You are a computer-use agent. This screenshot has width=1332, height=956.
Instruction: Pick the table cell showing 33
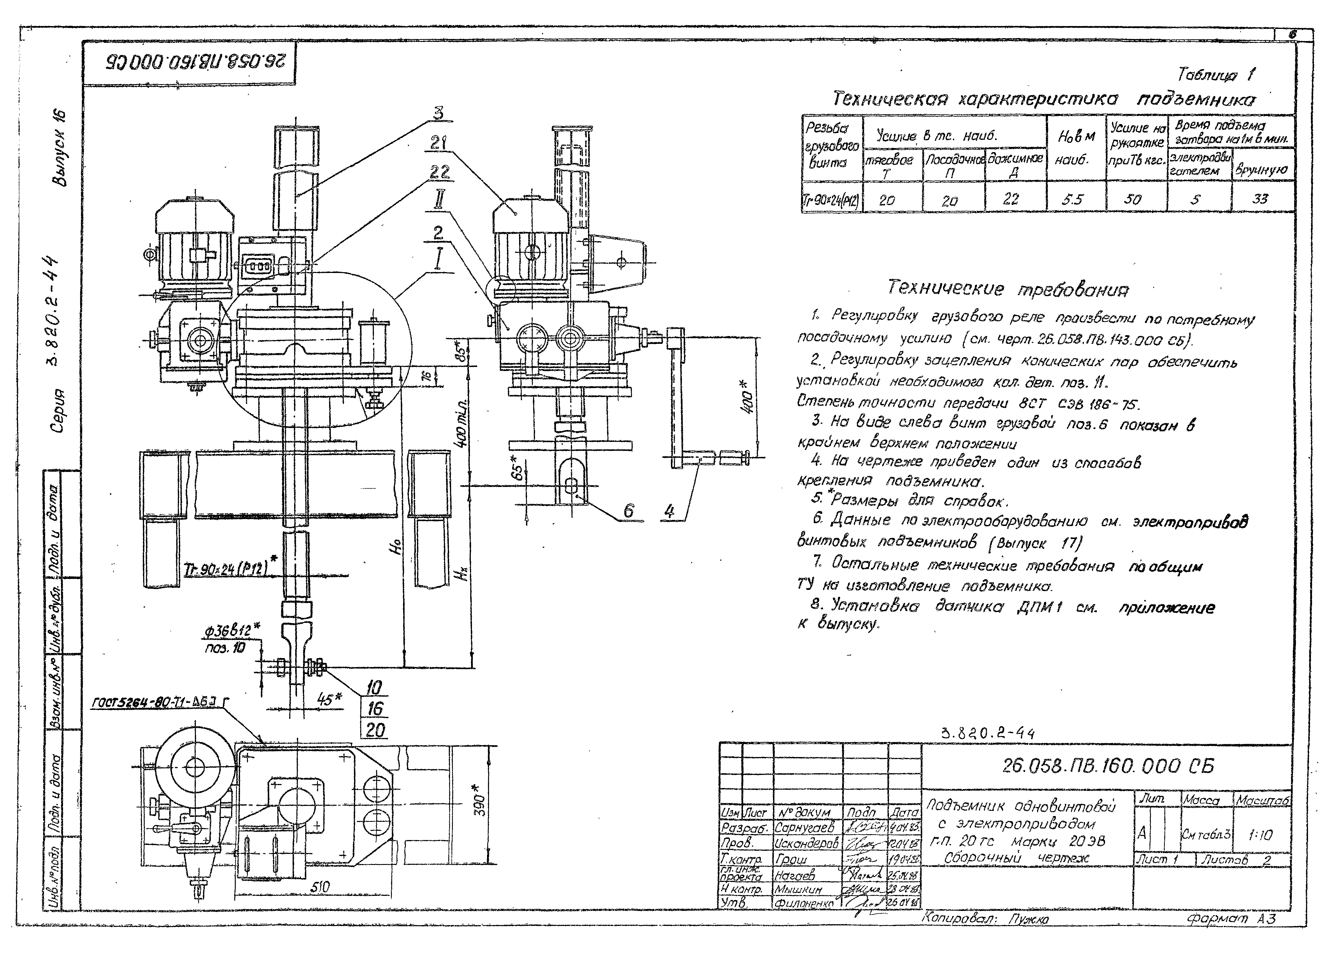(1260, 199)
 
